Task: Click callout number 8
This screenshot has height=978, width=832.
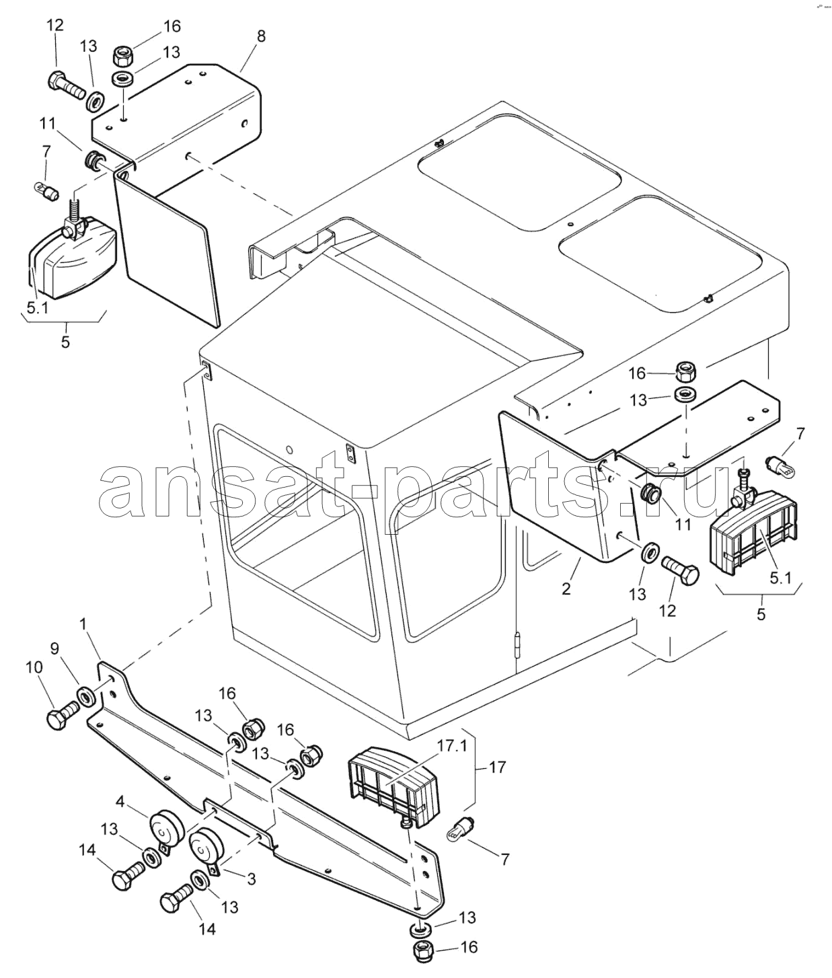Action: point(261,36)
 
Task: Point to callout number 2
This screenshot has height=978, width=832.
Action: point(566,589)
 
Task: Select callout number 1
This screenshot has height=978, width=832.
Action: point(83,624)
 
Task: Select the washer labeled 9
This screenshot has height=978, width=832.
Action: point(86,696)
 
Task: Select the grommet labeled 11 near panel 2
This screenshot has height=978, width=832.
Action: point(649,493)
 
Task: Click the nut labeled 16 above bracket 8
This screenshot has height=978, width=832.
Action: point(122,52)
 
